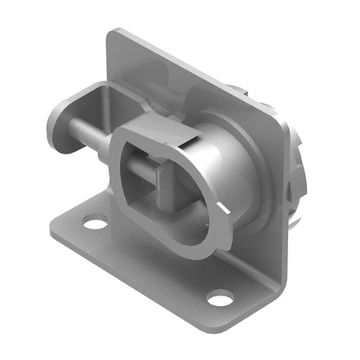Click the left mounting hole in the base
96,221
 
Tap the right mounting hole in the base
220,300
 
